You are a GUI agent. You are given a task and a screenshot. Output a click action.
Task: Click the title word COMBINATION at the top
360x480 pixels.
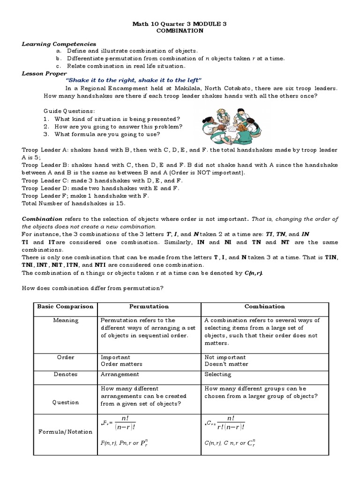pos(180,30)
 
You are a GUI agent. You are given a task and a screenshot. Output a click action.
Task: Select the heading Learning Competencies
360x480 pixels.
pos(59,44)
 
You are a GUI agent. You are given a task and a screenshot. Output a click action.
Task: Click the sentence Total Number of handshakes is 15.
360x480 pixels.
pos(74,203)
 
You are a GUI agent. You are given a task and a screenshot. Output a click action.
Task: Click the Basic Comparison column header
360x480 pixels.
pos(65,307)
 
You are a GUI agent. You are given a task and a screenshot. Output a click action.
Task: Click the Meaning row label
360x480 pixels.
pos(66,321)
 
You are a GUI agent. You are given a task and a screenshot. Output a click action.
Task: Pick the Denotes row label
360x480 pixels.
pos(66,374)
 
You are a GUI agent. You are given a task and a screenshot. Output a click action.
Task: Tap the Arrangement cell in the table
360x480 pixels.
pos(120,374)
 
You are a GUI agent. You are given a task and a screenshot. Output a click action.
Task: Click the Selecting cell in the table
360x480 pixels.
pos(218,374)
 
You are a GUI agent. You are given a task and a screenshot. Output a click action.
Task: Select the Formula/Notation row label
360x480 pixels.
pos(66,431)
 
